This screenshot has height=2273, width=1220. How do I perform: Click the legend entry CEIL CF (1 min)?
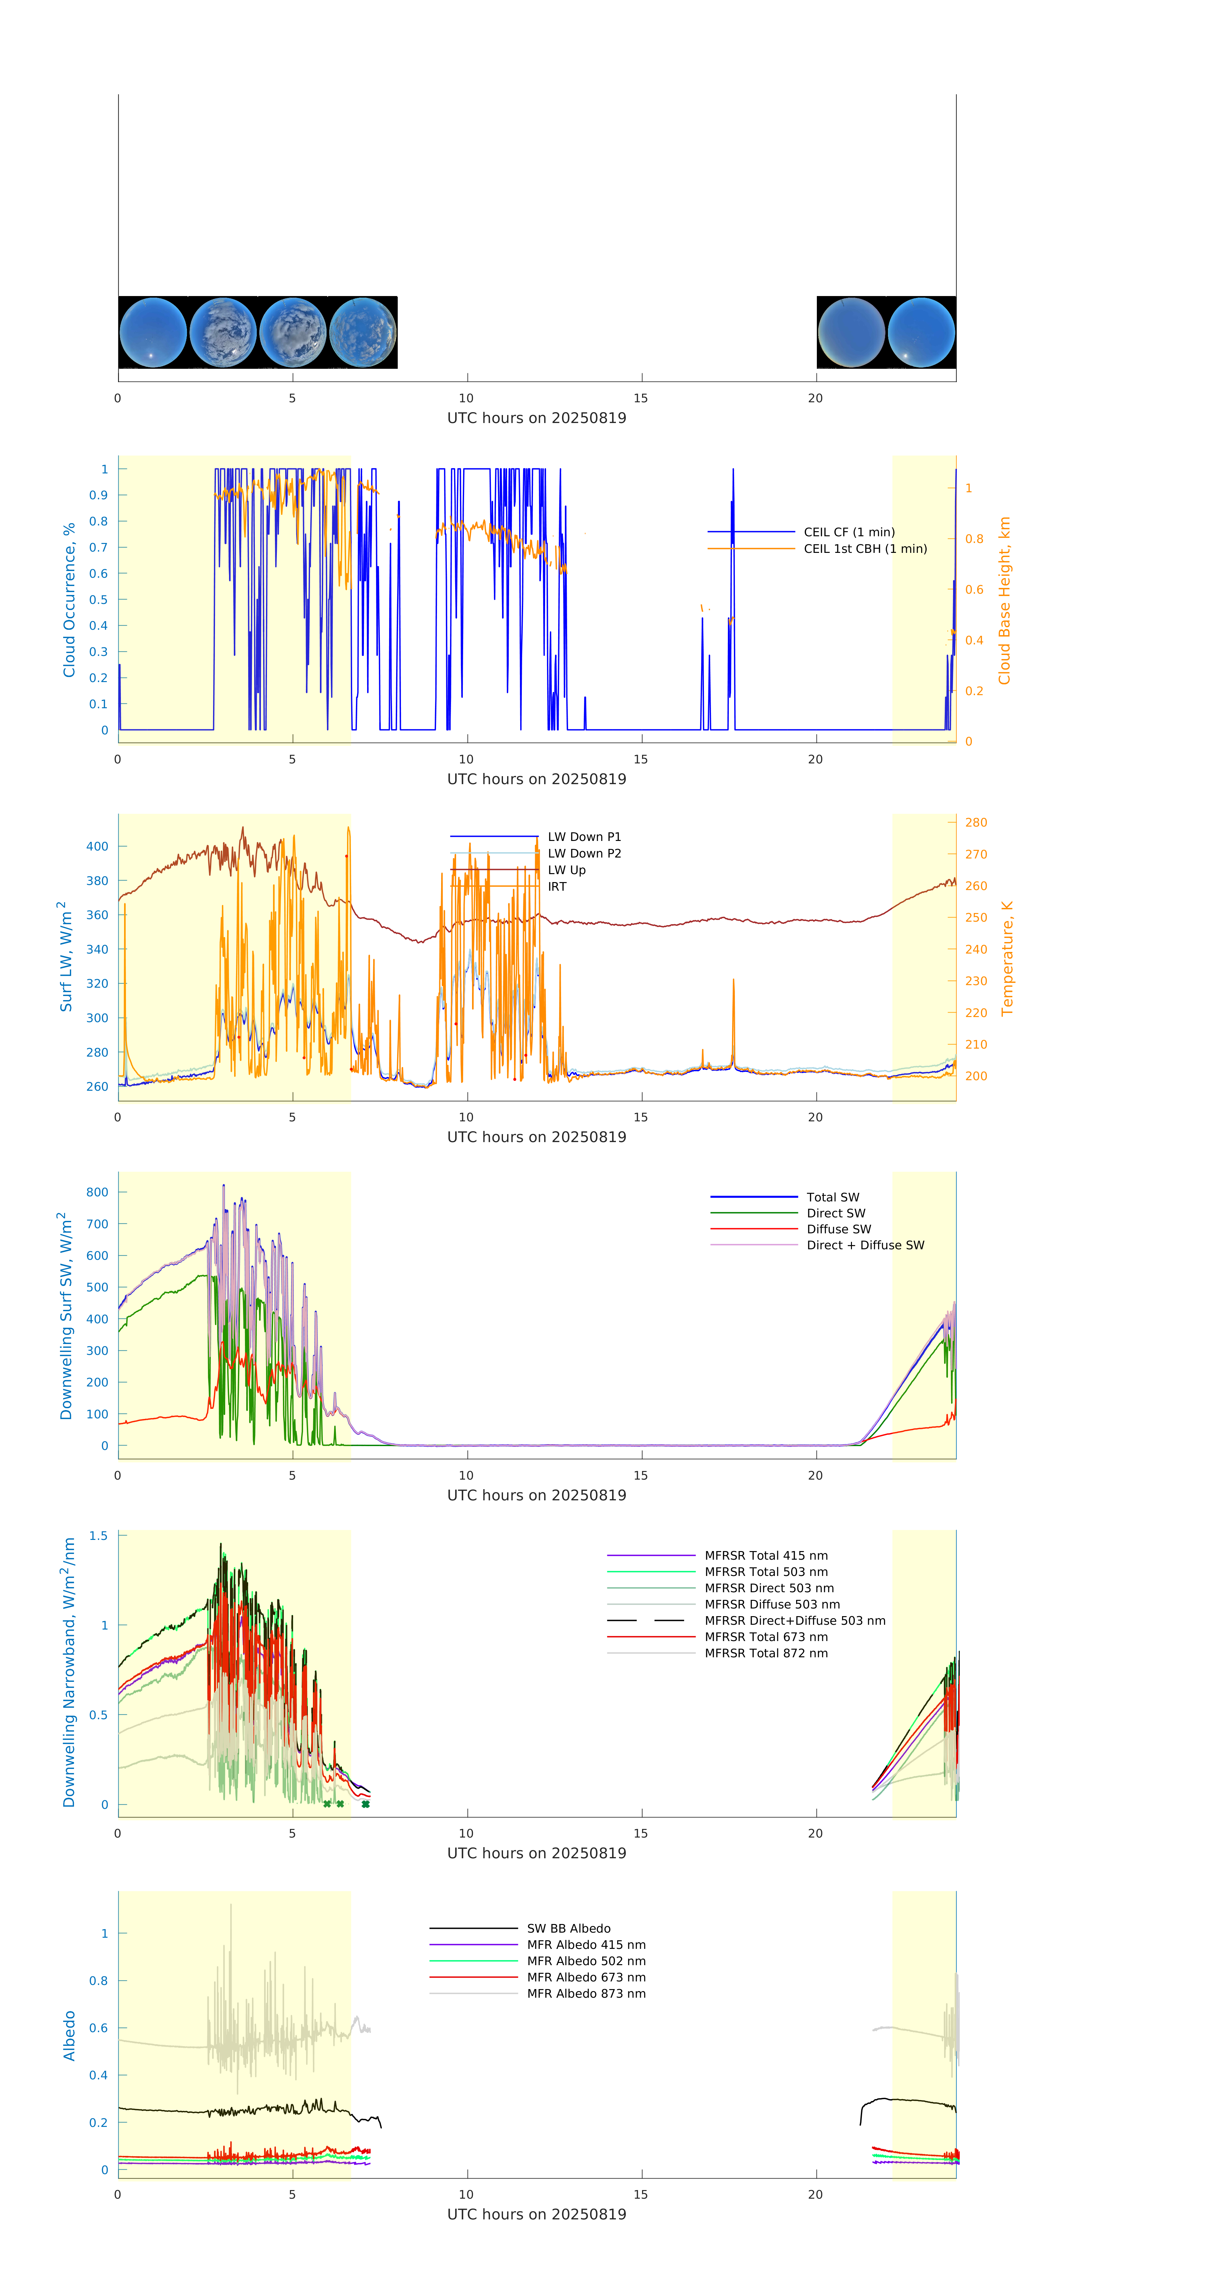[849, 532]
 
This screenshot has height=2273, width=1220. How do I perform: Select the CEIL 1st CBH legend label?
[864, 549]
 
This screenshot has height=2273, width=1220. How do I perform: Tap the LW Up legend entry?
[566, 870]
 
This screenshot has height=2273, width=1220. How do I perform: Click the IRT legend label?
[557, 887]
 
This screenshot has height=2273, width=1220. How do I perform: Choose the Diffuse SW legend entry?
[838, 1229]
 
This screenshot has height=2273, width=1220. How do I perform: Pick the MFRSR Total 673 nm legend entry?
[766, 1637]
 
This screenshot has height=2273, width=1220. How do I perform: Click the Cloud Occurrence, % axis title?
[69, 600]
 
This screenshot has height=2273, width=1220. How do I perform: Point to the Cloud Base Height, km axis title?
[1004, 600]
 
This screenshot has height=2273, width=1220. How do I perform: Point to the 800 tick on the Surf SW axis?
[97, 1192]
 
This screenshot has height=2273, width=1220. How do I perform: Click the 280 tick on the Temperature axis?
[976, 822]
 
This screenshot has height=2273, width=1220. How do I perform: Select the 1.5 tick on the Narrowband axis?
[98, 1536]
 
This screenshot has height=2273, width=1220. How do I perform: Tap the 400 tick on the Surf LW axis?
[97, 846]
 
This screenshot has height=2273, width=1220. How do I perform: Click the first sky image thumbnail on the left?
[152, 333]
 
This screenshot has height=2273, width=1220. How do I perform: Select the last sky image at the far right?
[921, 333]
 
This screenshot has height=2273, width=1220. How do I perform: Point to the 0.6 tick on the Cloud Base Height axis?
[974, 590]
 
